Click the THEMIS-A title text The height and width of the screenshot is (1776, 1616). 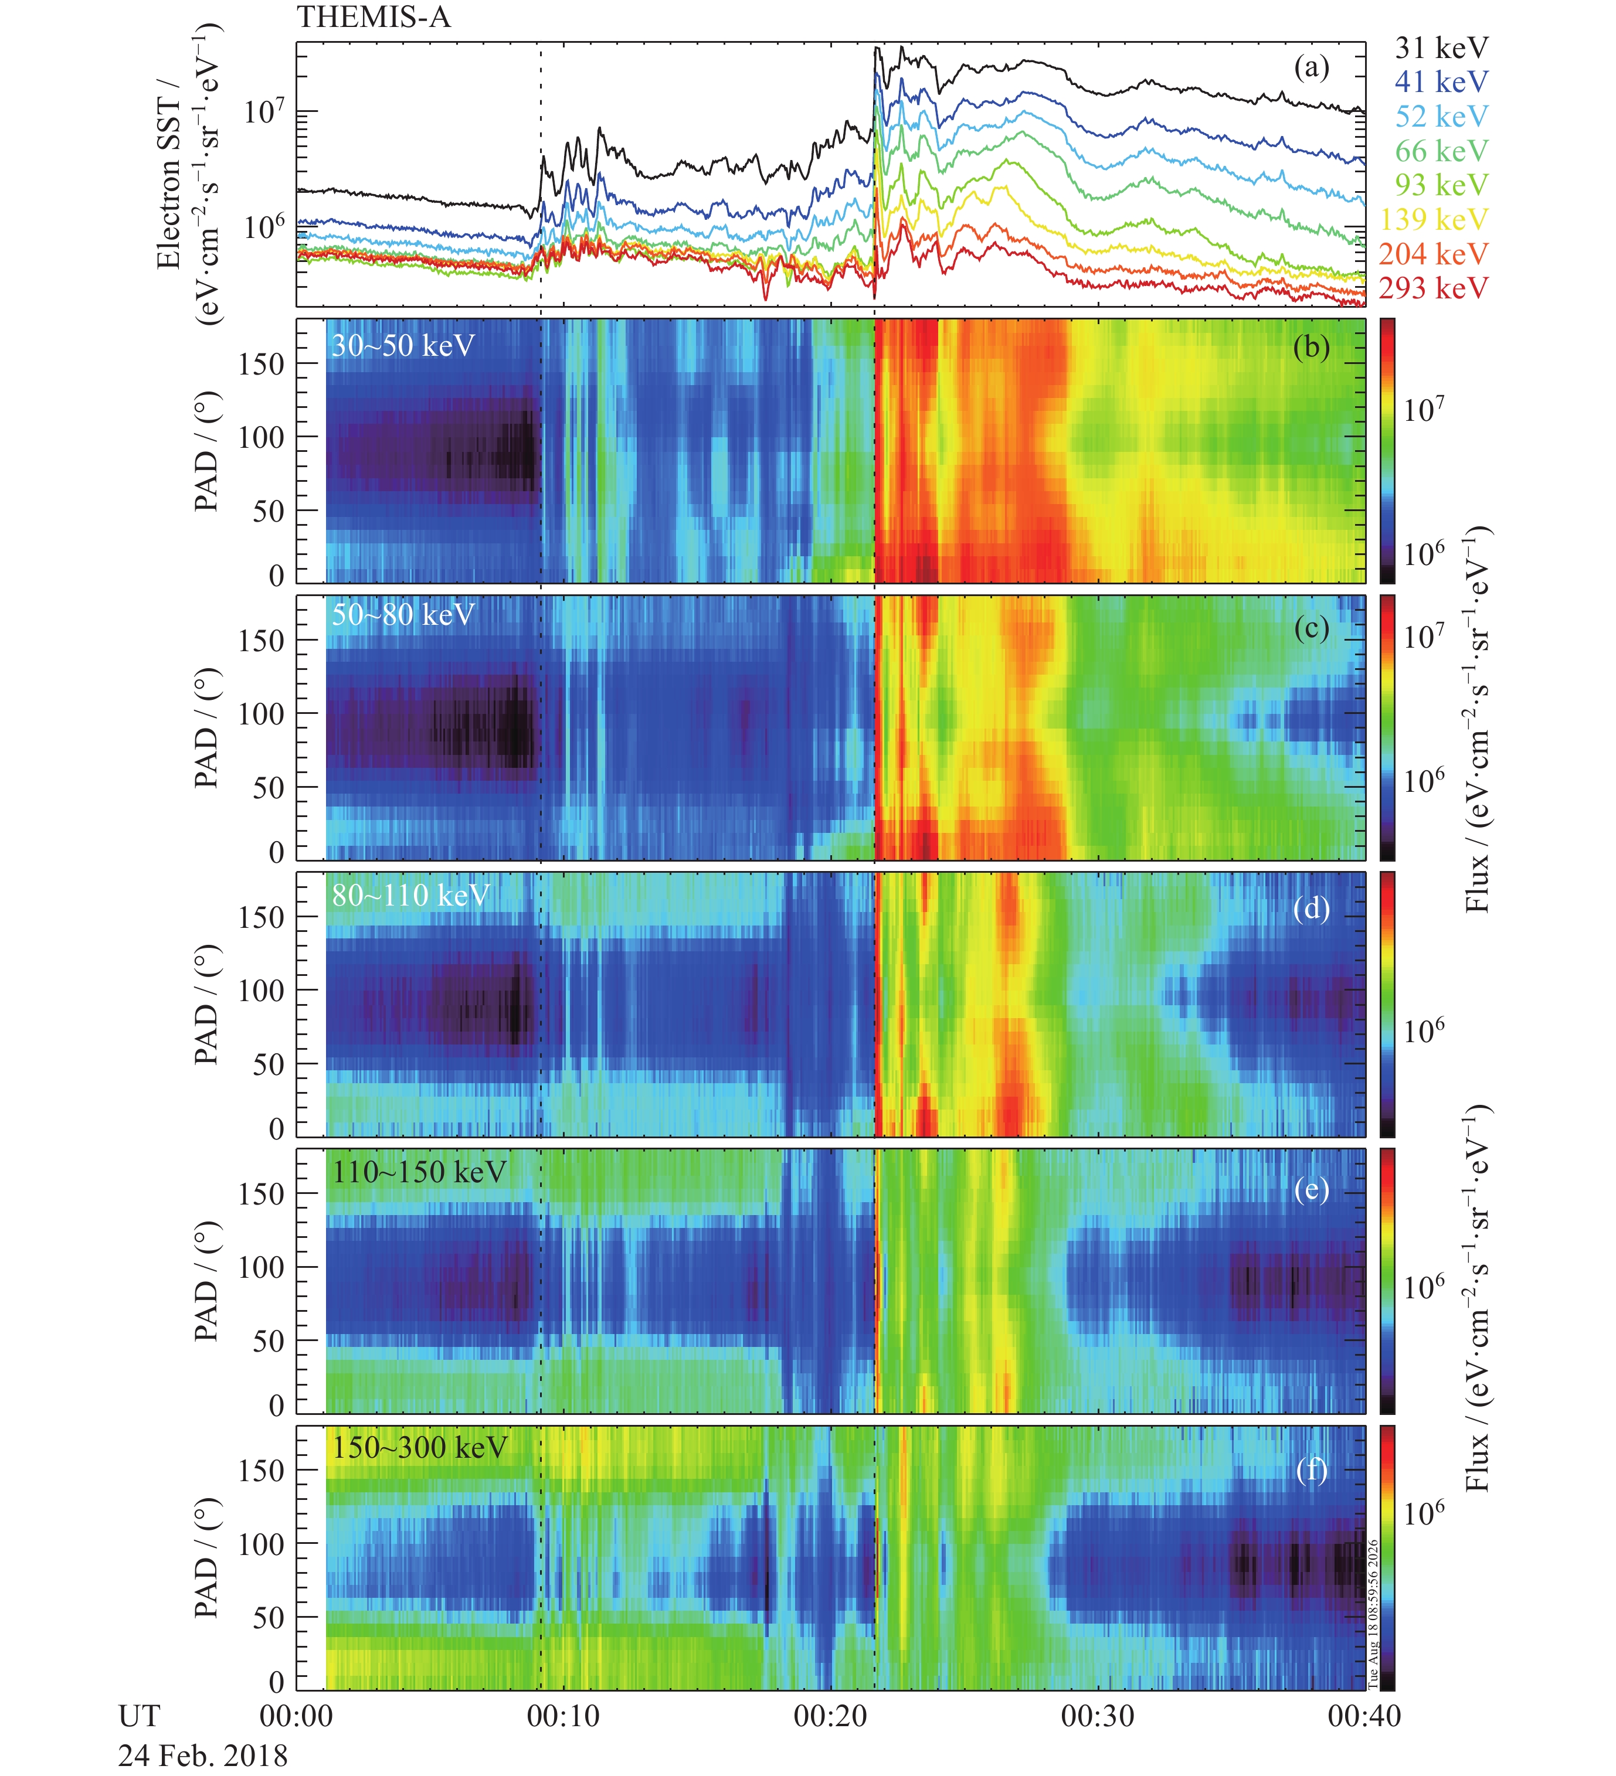(x=374, y=18)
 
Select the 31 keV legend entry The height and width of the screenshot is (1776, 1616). (x=1441, y=47)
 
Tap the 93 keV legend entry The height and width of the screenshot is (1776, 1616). (x=1441, y=185)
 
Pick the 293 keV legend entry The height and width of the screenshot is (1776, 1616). (x=1434, y=288)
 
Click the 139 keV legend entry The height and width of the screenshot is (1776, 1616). (x=1434, y=219)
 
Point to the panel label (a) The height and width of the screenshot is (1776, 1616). (x=1311, y=68)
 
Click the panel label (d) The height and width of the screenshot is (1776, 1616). (x=1311, y=907)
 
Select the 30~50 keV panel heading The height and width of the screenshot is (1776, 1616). (x=403, y=345)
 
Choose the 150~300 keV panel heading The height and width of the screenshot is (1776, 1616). (x=419, y=1447)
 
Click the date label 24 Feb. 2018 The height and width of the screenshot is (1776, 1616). (x=203, y=1755)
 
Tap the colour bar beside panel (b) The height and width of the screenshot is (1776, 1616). (x=1387, y=451)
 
